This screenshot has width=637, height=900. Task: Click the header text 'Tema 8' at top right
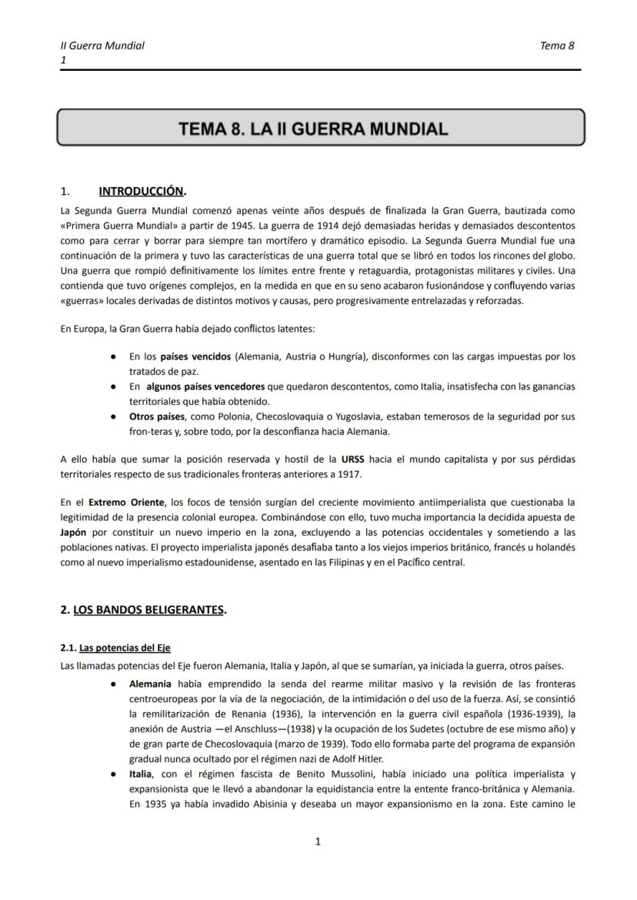(x=557, y=45)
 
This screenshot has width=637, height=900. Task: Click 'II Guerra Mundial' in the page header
(x=102, y=45)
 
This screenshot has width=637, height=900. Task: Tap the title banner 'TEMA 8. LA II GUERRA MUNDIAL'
(x=313, y=128)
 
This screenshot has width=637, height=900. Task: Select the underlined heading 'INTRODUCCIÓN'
(x=142, y=191)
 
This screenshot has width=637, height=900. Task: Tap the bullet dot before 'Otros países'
(x=113, y=417)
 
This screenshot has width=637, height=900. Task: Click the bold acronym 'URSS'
(x=354, y=460)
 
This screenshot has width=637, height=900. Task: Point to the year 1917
(x=346, y=474)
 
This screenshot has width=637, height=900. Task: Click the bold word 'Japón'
(x=75, y=532)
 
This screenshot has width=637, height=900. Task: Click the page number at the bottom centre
(x=318, y=841)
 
